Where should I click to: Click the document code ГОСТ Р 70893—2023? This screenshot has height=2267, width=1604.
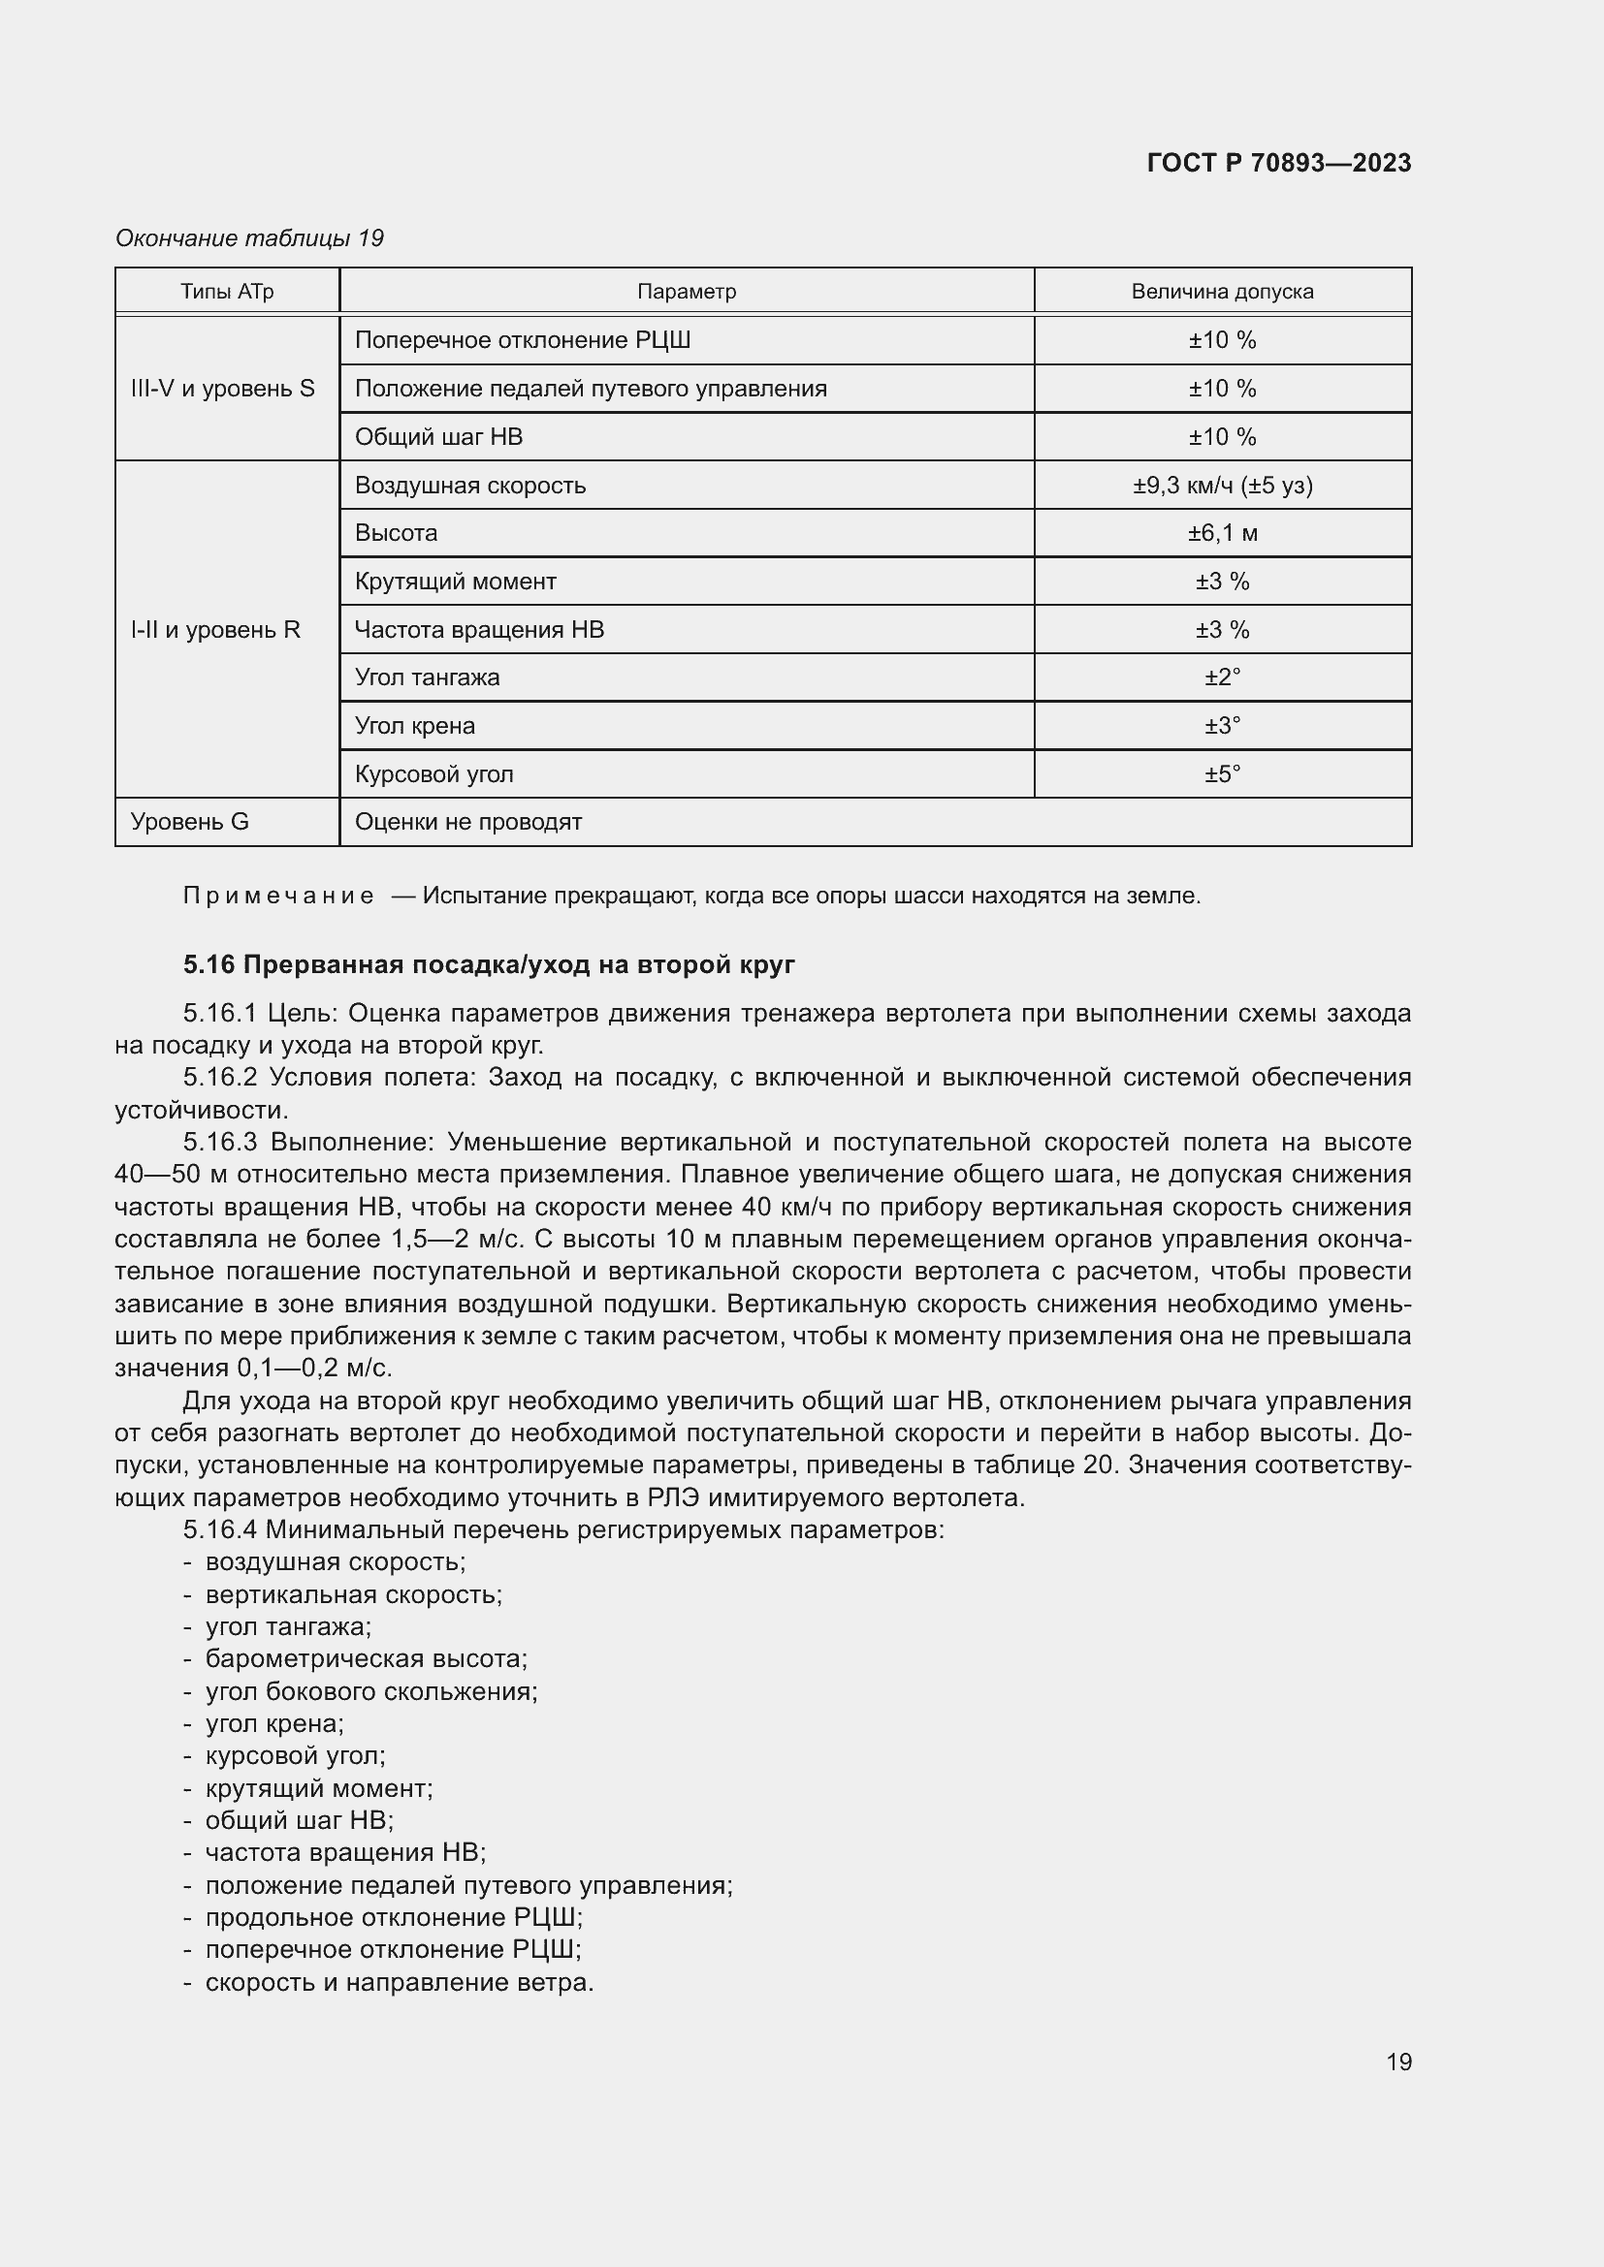pyautogui.click(x=1278, y=163)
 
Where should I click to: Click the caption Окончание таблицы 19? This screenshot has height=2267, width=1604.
pyautogui.click(x=250, y=238)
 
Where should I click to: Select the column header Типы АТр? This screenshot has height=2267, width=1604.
pyautogui.click(x=227, y=292)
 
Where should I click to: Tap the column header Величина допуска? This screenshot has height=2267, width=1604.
pyautogui.click(x=1222, y=292)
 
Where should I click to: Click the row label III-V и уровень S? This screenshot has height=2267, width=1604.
pyautogui.click(x=223, y=388)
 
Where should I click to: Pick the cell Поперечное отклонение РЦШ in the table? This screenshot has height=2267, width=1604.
pyautogui.click(x=523, y=340)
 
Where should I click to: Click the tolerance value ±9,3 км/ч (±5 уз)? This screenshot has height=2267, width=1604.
pyautogui.click(x=1222, y=485)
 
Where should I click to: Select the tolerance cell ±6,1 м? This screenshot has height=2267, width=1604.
pyautogui.click(x=1222, y=533)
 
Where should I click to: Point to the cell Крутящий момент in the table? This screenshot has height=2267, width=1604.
pyautogui.click(x=456, y=582)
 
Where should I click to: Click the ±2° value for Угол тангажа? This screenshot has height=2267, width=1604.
pyautogui.click(x=1222, y=677)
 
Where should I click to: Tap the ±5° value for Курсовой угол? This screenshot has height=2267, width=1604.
pyautogui.click(x=1222, y=774)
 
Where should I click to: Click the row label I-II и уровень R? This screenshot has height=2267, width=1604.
pyautogui.click(x=215, y=630)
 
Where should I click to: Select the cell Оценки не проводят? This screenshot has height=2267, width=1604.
pyautogui.click(x=468, y=823)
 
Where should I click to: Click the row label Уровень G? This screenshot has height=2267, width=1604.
pyautogui.click(x=190, y=823)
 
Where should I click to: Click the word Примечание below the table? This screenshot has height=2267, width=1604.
pyautogui.click(x=278, y=897)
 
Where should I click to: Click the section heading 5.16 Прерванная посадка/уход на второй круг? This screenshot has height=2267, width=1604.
pyautogui.click(x=489, y=964)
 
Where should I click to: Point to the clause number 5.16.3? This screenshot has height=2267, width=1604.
pyautogui.click(x=220, y=1143)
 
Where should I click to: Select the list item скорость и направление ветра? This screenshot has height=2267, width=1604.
pyautogui.click(x=399, y=1983)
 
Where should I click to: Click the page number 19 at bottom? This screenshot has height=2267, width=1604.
pyautogui.click(x=1398, y=2062)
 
